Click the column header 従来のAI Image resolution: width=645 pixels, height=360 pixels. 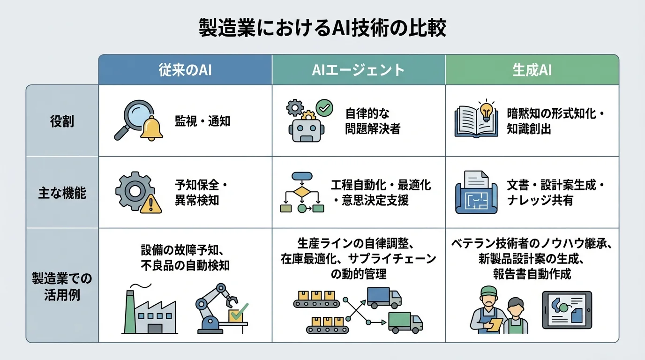(x=185, y=70)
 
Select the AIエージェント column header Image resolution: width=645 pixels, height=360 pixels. (x=358, y=70)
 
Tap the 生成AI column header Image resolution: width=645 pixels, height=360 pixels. (x=532, y=70)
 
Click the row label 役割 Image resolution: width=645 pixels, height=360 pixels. (x=62, y=121)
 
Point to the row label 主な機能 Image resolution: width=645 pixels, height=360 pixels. (x=62, y=193)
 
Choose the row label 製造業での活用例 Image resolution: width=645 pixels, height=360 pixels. (x=62, y=285)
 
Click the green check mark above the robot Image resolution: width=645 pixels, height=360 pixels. (x=323, y=107)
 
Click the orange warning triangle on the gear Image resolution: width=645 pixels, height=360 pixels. (x=153, y=204)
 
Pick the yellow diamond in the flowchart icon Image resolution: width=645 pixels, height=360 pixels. (x=302, y=192)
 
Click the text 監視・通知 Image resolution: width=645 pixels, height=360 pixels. (x=202, y=121)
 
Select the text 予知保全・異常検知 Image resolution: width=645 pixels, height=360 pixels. (x=200, y=193)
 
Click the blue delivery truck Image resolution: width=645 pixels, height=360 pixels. (x=384, y=298)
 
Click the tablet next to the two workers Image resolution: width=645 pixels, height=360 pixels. (x=567, y=309)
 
